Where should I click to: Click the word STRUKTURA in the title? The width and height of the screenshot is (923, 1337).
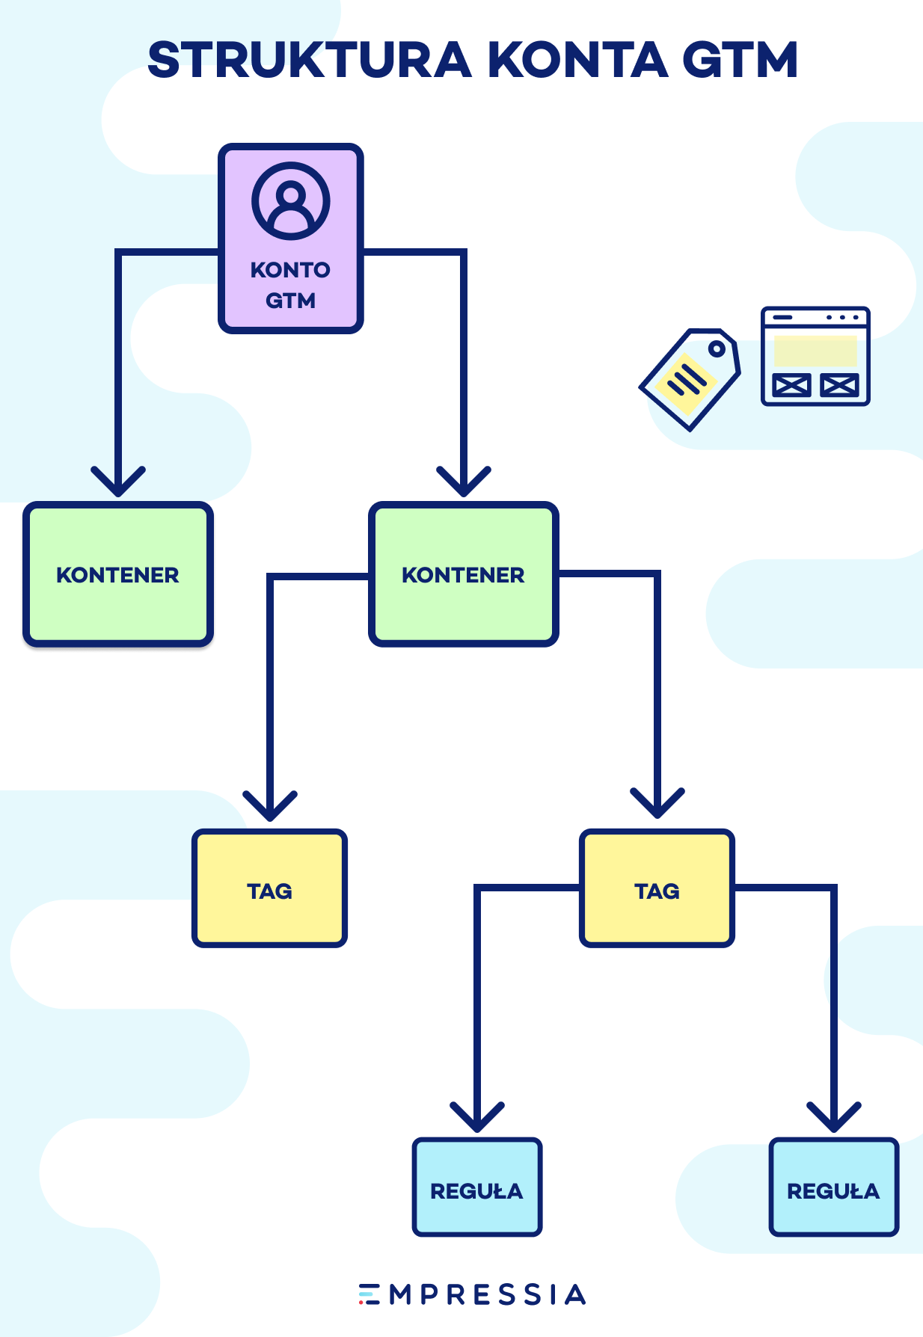310,60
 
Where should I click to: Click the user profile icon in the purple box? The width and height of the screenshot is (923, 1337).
291,200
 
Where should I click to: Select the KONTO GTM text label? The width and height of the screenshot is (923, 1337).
290,285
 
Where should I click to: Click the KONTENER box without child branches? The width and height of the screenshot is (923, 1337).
118,574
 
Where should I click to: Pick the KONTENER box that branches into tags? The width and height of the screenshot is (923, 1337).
464,574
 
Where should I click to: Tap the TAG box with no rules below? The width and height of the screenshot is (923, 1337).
269,888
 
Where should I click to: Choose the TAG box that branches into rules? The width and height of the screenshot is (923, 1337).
657,888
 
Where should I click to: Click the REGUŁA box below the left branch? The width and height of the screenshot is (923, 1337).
477,1187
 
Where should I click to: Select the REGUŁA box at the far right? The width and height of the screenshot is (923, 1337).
834,1187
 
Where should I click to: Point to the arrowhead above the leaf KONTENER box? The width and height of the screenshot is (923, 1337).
118,482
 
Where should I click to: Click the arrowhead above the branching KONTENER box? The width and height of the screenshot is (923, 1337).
464,482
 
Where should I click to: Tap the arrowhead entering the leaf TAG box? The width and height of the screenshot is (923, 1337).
270,807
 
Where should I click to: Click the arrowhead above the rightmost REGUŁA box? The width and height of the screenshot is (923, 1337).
834,1118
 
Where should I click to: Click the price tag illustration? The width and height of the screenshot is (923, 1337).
690,379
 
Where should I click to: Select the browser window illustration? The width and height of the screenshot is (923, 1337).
815,356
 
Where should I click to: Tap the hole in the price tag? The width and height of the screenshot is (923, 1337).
717,348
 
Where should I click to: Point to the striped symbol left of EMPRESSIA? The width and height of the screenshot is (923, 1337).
369,1294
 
